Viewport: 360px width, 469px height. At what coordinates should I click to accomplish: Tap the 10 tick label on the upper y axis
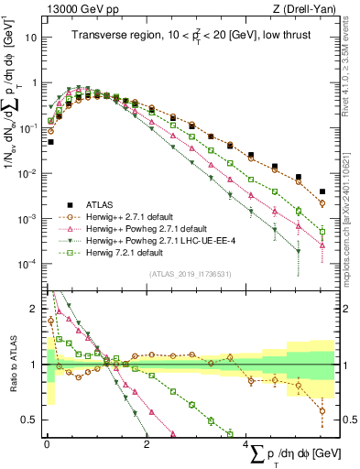[x=32, y=38]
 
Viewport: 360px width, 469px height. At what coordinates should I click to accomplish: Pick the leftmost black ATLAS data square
[x=50, y=142]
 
